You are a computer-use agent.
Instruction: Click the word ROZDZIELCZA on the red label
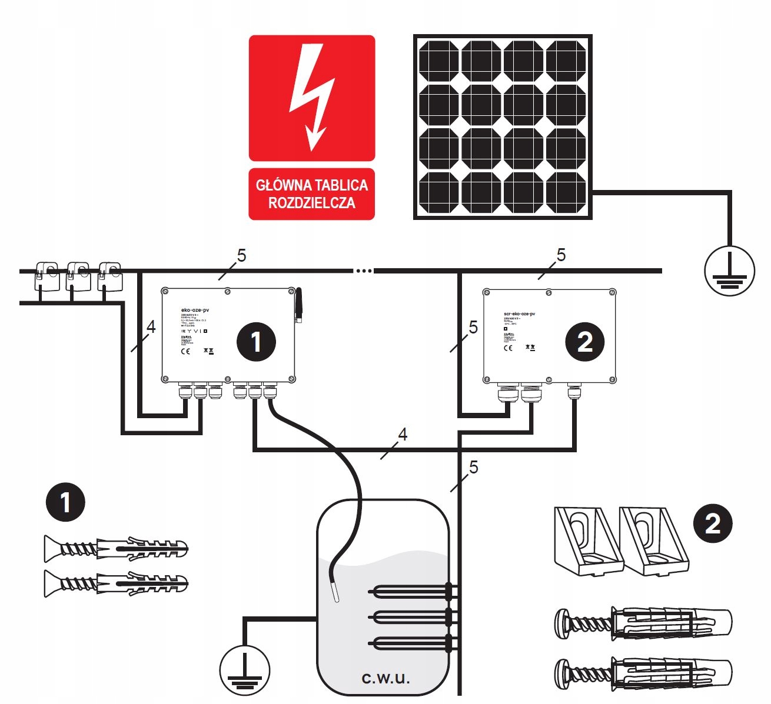(312, 203)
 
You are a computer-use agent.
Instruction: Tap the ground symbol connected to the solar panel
(730, 271)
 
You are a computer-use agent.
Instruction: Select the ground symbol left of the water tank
(245, 670)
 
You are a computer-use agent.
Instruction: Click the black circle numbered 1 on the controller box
(256, 342)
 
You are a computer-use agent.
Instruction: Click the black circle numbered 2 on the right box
(584, 342)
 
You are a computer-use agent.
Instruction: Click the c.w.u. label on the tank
(385, 678)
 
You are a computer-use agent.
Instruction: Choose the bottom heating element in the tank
(406, 642)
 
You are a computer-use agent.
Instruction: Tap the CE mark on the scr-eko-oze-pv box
(508, 348)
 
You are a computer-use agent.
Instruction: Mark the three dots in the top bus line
(363, 271)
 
